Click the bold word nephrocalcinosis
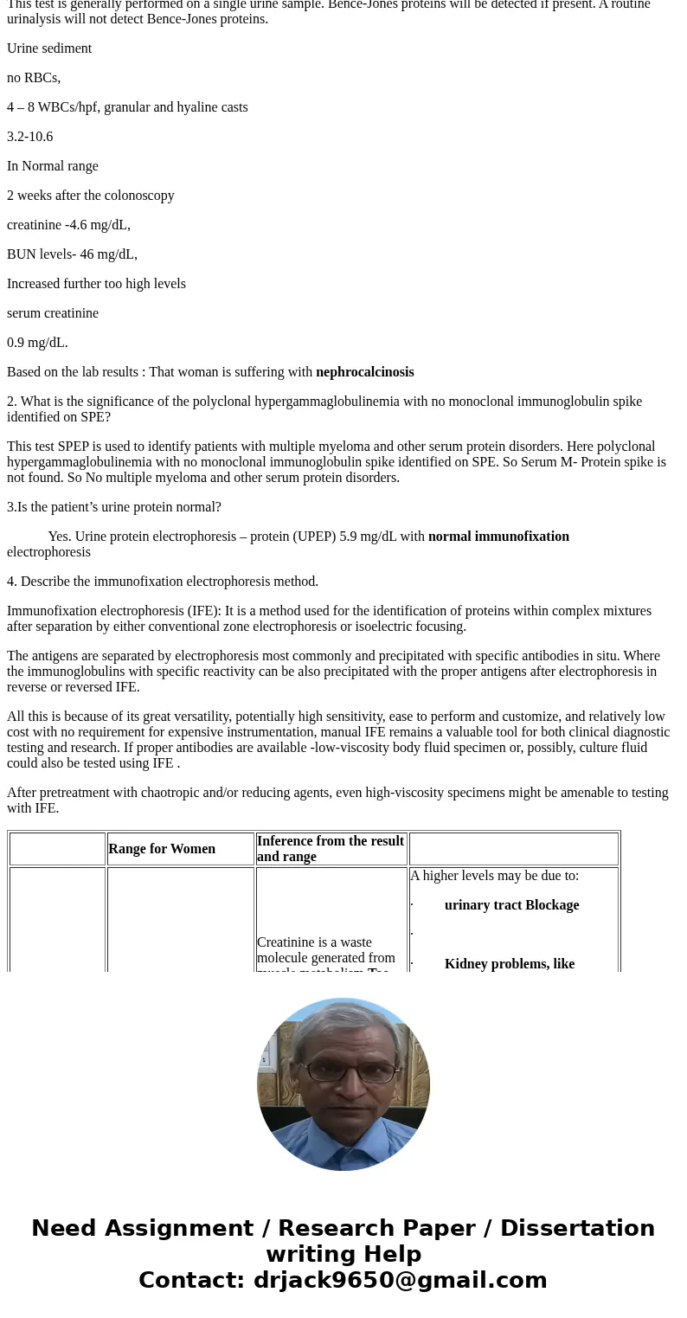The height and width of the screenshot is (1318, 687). pyautogui.click(x=364, y=372)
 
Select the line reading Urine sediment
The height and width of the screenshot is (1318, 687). pyautogui.click(x=49, y=48)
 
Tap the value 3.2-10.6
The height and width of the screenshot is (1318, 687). pyautogui.click(x=29, y=137)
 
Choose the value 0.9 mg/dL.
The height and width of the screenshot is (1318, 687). pyautogui.click(x=37, y=343)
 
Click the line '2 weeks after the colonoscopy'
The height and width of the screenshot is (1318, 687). pyautogui.click(x=91, y=196)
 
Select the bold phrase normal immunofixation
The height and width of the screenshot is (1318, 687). pyautogui.click(x=498, y=537)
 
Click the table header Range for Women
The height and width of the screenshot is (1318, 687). pyautogui.click(x=162, y=849)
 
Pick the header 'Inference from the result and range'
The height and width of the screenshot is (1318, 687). pyautogui.click(x=331, y=849)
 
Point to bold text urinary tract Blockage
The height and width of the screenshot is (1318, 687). pyautogui.click(x=511, y=905)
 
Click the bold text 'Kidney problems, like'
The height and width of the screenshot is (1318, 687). pyautogui.click(x=509, y=964)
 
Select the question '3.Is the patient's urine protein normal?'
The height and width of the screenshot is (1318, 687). pyautogui.click(x=114, y=507)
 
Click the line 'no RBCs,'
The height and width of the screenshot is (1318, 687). pyautogui.click(x=34, y=78)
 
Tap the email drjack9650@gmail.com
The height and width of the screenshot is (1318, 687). pyautogui.click(x=400, y=1281)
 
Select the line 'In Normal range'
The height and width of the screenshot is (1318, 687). pyautogui.click(x=53, y=166)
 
